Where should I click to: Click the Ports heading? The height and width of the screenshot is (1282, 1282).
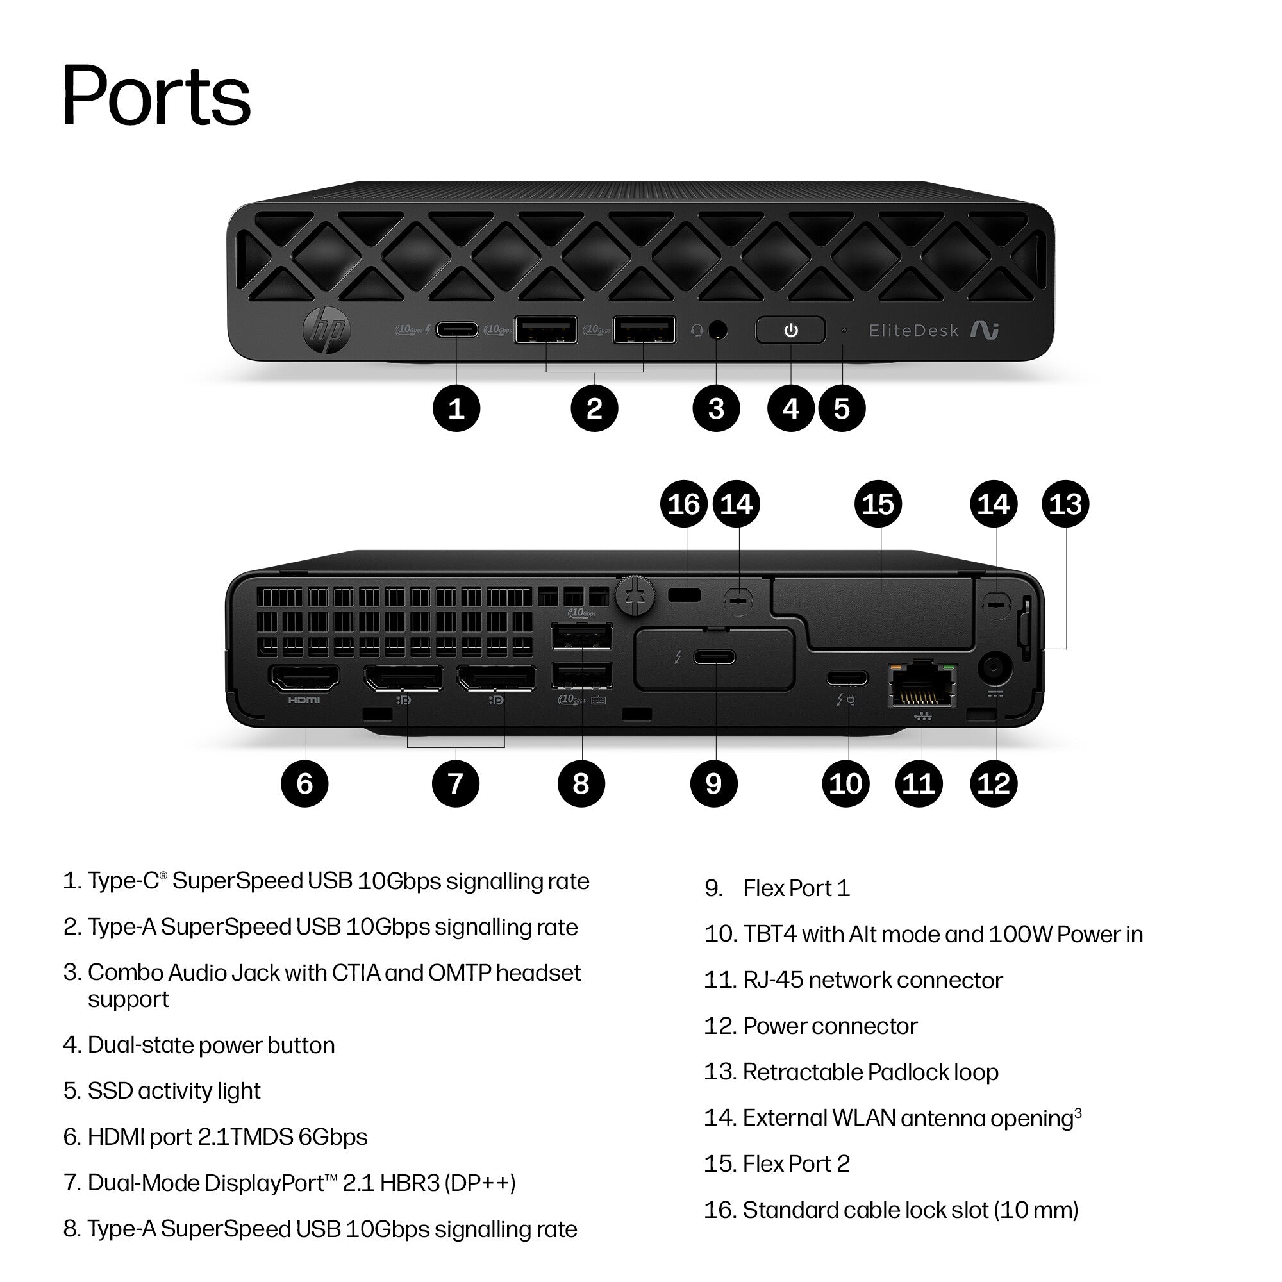pyautogui.click(x=156, y=94)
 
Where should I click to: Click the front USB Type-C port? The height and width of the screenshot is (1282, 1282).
pyautogui.click(x=456, y=329)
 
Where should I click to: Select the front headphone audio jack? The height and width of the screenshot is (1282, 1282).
pyautogui.click(x=717, y=329)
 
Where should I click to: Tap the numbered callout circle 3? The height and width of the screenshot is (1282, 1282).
pyautogui.click(x=716, y=408)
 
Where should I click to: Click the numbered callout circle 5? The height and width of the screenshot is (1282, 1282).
pyautogui.click(x=842, y=408)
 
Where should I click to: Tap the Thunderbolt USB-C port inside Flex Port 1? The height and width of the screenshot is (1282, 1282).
pyautogui.click(x=715, y=658)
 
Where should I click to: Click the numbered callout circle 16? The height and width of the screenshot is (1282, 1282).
pyautogui.click(x=684, y=504)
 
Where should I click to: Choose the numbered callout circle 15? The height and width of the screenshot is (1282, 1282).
pyautogui.click(x=878, y=504)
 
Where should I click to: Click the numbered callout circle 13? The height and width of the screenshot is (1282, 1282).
pyautogui.click(x=1066, y=504)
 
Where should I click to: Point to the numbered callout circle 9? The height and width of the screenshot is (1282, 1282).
pyautogui.click(x=714, y=783)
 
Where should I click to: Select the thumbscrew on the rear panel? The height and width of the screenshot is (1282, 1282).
pyautogui.click(x=635, y=595)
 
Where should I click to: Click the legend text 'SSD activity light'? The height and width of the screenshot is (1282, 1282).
pyautogui.click(x=174, y=1091)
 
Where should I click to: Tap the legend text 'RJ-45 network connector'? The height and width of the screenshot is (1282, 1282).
pyautogui.click(x=872, y=980)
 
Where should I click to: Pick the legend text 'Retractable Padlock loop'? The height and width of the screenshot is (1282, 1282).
pyautogui.click(x=870, y=1072)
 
